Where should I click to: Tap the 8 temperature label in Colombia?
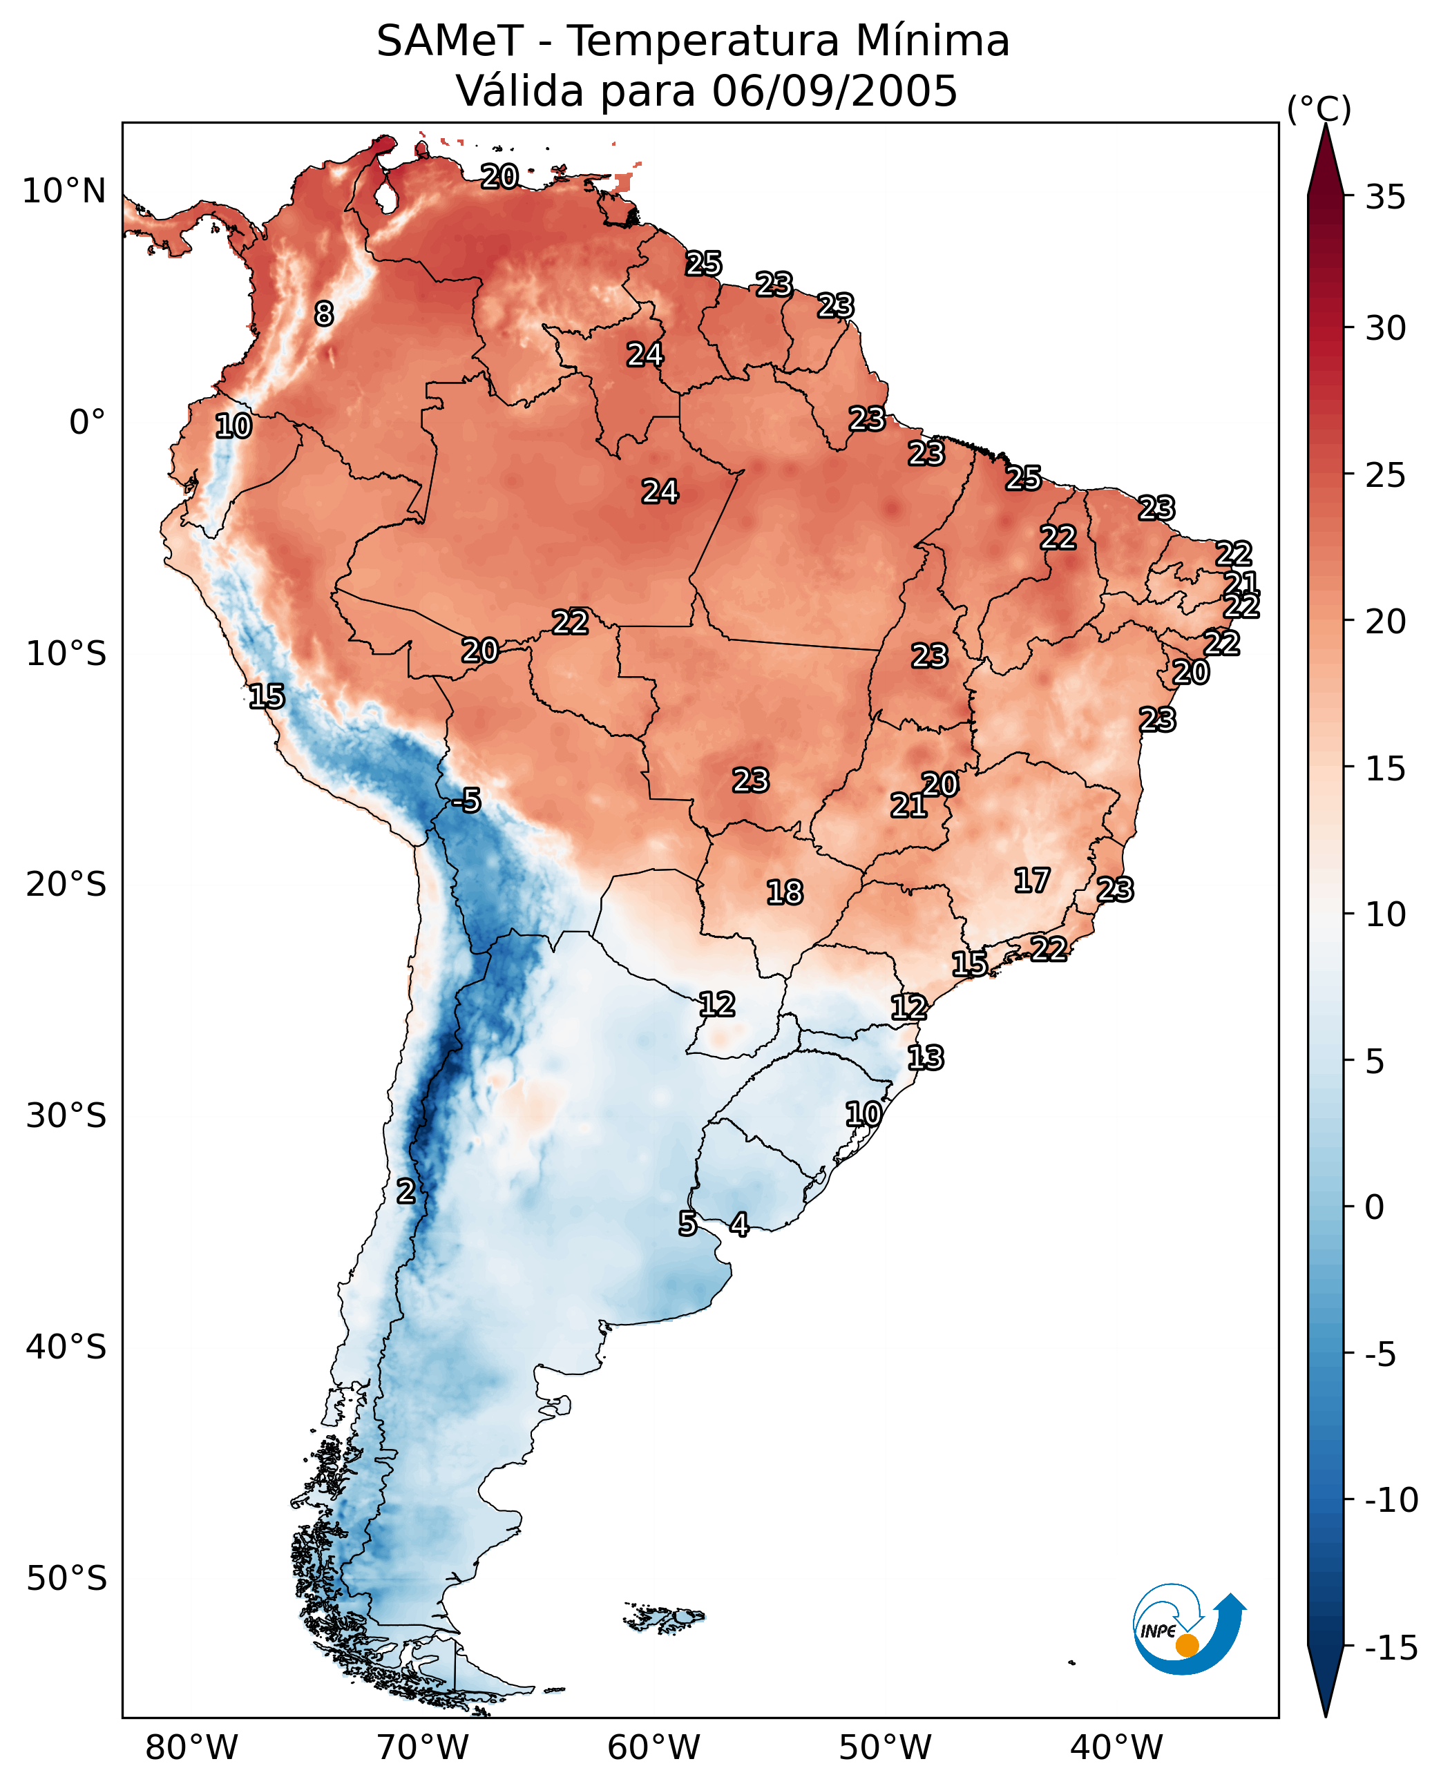[325, 314]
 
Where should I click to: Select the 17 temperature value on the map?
[1032, 881]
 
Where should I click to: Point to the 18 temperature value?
[785, 893]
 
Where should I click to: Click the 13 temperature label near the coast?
[926, 1058]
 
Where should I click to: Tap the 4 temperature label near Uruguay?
[738, 1224]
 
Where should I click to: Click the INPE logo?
[1188, 1631]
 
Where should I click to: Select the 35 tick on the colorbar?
[1385, 198]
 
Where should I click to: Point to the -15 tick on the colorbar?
[1391, 1647]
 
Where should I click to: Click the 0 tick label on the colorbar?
[1375, 1207]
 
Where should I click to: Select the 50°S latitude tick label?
[66, 1579]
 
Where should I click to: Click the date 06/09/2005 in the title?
[834, 90]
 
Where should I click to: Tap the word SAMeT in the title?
[449, 41]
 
